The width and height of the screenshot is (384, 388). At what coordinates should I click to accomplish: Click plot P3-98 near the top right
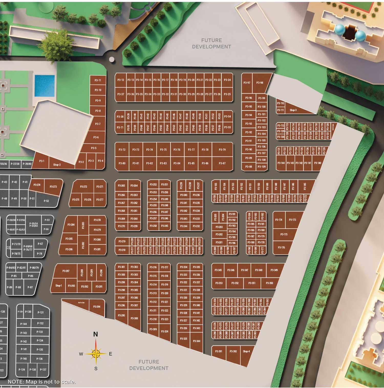pyautogui.click(x=260, y=83)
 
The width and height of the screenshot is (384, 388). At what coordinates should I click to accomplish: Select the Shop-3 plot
pyautogui.click(x=293, y=110)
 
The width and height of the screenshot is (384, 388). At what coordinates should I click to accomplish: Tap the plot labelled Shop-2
pyautogui.click(x=57, y=165)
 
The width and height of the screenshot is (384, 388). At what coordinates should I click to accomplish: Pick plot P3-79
pyautogui.click(x=222, y=149)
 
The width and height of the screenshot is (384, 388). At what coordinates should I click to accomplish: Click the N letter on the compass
pyautogui.click(x=95, y=334)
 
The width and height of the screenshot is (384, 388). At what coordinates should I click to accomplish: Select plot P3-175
pyautogui.click(x=284, y=234)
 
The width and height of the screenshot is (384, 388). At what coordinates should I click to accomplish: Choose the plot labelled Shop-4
pyautogui.click(x=246, y=351)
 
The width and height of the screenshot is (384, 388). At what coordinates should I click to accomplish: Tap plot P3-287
pyautogui.click(x=66, y=271)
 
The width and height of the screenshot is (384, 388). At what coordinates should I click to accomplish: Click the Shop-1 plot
pyautogui.click(x=58, y=286)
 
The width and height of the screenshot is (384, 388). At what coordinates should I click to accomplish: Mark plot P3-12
pyautogui.click(x=121, y=80)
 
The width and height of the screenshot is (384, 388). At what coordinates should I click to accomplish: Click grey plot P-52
pyautogui.click(x=46, y=201)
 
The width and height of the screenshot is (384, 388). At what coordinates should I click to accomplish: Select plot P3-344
pyautogui.click(x=197, y=341)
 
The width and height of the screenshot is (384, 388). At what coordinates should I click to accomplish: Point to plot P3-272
pyautogui.click(x=83, y=187)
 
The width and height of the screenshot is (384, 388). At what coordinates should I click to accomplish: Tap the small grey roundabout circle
pyautogui.click(x=112, y=59)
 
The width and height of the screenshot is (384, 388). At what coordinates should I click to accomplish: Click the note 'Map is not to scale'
pyautogui.click(x=42, y=382)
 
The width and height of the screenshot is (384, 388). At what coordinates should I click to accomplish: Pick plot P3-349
pyautogui.click(x=274, y=270)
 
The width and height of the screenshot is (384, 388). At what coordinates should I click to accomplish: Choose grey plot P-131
pyautogui.click(x=40, y=312)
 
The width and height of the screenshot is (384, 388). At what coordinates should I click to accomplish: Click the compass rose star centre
pyautogui.click(x=96, y=354)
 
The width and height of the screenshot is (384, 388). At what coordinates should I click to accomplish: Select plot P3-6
pyautogui.click(x=96, y=137)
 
